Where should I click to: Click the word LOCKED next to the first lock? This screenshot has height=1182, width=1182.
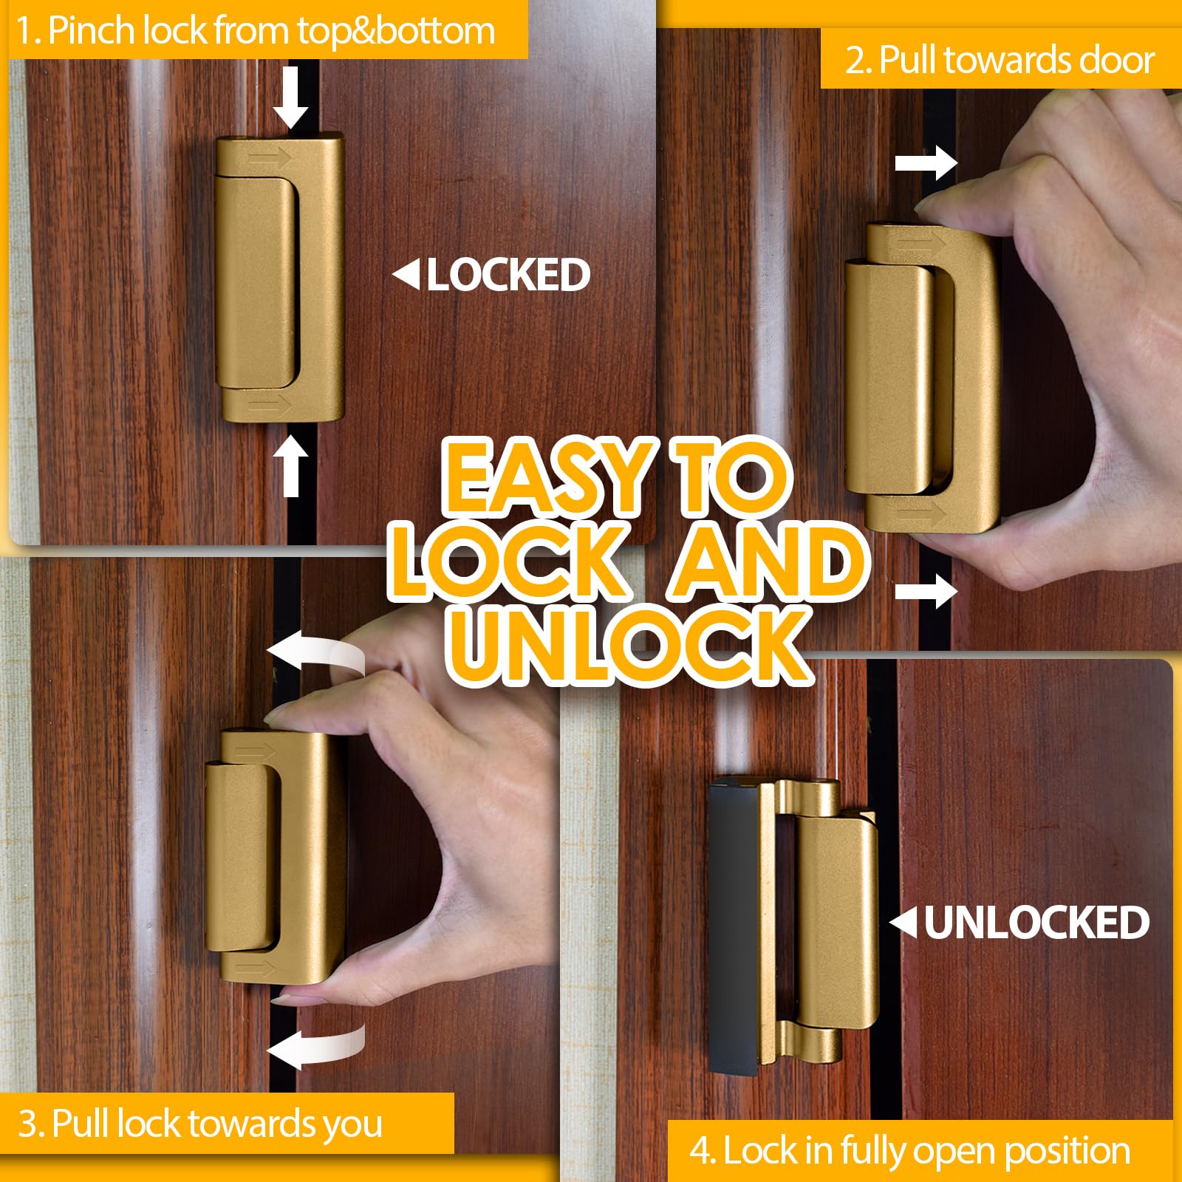508,275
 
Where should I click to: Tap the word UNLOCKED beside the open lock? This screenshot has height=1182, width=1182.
1036,923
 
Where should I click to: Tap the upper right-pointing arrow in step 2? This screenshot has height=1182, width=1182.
926,163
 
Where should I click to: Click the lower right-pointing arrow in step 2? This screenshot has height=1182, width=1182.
926,590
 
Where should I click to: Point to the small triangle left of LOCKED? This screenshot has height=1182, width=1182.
407,274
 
